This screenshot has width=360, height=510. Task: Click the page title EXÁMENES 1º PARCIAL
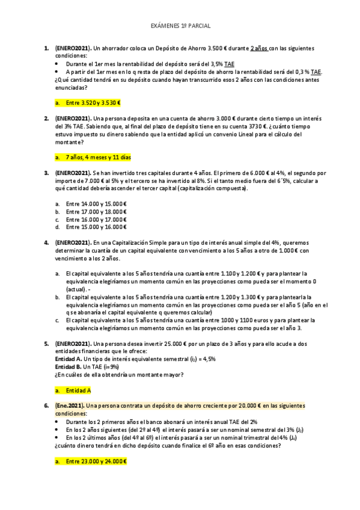tap(180, 27)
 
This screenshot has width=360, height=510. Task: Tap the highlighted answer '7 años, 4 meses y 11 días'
tap(98, 158)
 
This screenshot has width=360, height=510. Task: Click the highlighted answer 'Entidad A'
tap(79, 390)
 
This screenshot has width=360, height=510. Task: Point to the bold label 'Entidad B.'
tap(70, 366)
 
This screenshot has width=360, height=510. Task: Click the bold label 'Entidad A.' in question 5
tap(70, 358)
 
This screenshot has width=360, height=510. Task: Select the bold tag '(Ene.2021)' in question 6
tap(70, 406)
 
